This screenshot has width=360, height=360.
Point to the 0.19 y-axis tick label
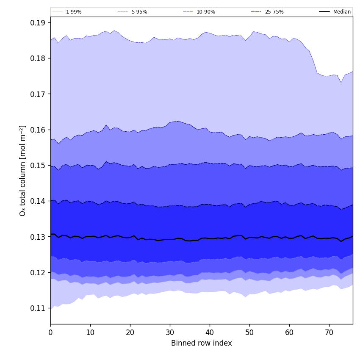click(38, 22)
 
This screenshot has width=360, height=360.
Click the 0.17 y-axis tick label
click(38, 94)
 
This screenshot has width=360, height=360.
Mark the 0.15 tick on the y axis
click(38, 165)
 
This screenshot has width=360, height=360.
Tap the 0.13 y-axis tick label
click(38, 237)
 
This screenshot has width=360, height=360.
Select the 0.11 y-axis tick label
click(38, 308)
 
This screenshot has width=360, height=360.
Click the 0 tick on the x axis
click(50, 332)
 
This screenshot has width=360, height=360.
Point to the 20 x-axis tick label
click(130, 332)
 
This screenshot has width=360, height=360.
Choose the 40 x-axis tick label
click(210, 332)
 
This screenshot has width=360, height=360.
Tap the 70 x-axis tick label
click(329, 332)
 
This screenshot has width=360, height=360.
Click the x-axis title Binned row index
click(202, 343)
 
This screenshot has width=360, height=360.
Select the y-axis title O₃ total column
click(23, 170)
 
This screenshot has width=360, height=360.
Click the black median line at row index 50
click(249, 237)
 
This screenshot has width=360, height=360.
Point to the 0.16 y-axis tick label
click(38, 130)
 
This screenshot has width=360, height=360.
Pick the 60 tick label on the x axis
click(289, 332)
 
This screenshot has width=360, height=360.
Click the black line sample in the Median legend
click(324, 12)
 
